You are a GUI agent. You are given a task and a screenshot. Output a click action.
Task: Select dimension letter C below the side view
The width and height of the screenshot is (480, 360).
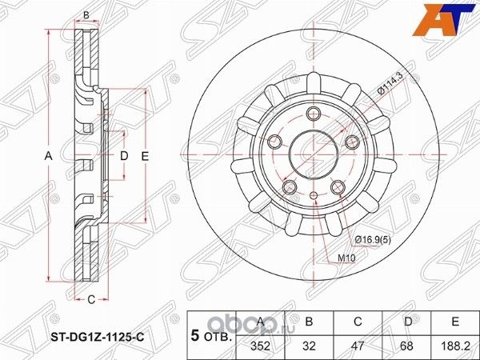pos(91,299)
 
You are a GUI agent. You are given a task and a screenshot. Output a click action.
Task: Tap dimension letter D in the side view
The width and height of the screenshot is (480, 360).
pos(123,156)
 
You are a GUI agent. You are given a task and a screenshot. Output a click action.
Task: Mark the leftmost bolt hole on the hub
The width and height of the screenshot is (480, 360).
pos(275,142)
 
